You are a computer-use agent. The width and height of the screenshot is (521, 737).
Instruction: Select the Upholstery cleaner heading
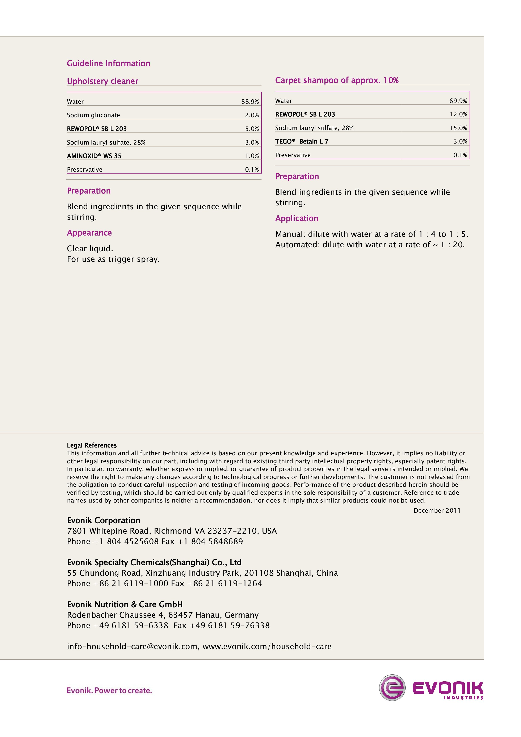102,81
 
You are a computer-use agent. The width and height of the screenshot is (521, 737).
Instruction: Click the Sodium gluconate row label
93,115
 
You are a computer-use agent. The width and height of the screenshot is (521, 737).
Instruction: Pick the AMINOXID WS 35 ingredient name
94,156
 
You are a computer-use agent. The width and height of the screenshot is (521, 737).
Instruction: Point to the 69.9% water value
458,101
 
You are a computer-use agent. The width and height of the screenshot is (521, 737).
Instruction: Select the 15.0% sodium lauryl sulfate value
458,128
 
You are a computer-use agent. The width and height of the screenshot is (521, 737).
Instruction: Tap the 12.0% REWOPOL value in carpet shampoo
458,114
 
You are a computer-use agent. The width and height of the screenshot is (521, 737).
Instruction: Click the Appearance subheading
89,233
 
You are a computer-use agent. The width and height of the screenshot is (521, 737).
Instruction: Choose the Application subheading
297,218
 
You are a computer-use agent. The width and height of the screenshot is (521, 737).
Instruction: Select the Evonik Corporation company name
103,520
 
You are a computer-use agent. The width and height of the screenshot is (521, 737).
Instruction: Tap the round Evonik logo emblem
392,688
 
